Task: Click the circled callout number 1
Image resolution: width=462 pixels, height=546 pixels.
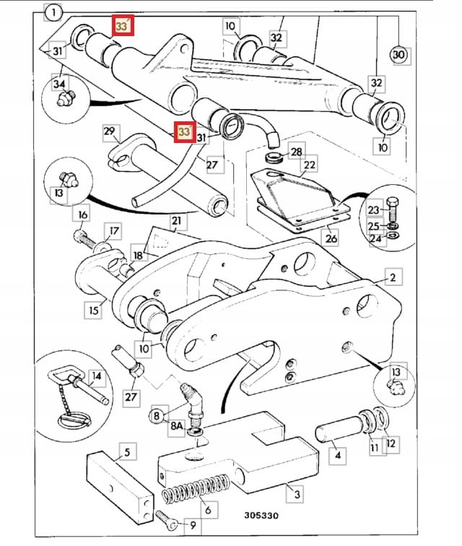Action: [53, 13]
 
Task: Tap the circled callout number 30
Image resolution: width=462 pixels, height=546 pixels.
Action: [399, 55]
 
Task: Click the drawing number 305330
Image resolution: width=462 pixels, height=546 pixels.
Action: [261, 515]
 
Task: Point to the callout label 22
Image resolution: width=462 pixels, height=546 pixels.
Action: [309, 164]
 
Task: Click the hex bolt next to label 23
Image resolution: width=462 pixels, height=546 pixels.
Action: [393, 209]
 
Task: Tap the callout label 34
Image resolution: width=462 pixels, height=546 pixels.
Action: [59, 84]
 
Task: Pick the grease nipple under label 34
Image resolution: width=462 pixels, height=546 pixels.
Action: [66, 97]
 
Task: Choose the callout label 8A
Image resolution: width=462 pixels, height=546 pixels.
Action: [177, 425]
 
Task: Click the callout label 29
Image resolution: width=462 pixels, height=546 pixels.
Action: [110, 131]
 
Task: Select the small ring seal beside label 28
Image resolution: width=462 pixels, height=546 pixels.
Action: [274, 157]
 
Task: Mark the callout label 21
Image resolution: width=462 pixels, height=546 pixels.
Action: [177, 221]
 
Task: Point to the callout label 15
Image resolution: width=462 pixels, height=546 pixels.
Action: [94, 310]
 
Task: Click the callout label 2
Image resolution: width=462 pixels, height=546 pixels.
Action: [393, 277]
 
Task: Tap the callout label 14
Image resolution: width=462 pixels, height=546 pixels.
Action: [96, 376]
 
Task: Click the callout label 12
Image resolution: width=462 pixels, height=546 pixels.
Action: [391, 443]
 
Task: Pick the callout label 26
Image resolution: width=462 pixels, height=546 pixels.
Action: [331, 238]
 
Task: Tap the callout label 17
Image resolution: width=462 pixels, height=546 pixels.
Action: [113, 231]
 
